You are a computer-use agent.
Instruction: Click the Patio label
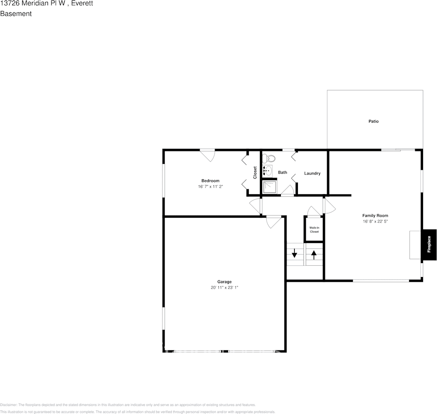373,121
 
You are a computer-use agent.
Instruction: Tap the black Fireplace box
429,244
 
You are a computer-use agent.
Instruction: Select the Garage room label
225,282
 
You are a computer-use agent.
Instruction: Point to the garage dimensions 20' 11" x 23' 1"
225,287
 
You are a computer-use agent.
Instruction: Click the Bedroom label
210,181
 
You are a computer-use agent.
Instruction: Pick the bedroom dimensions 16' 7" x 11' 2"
210,186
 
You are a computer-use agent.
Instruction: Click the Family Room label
375,216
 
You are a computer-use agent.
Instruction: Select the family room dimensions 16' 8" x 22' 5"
375,221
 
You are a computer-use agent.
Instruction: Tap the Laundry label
312,174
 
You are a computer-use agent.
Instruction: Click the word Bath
283,172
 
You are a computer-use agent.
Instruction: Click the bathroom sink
267,171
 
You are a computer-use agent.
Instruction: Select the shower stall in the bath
269,187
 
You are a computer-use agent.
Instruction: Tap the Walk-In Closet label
314,229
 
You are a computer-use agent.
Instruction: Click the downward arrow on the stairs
294,253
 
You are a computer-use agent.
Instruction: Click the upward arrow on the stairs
314,253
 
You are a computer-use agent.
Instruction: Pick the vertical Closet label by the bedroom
255,172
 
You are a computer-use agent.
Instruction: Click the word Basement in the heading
16,14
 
